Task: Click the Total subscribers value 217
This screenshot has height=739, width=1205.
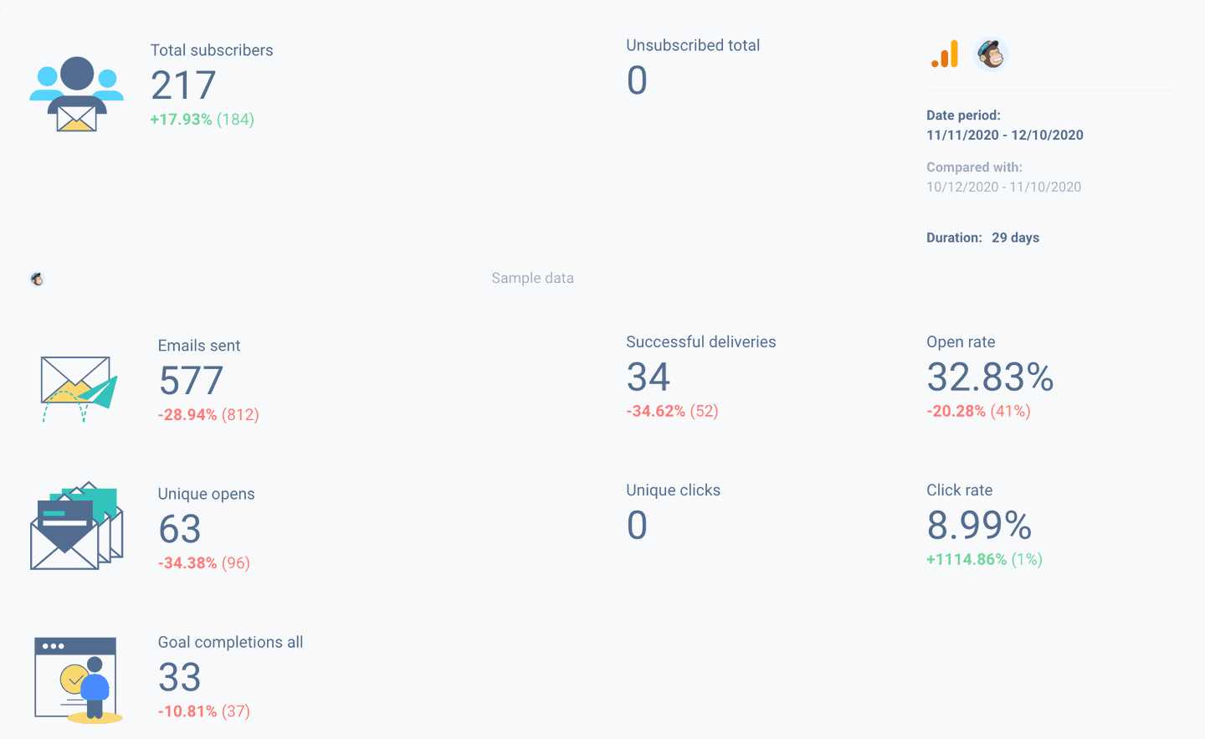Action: tap(183, 85)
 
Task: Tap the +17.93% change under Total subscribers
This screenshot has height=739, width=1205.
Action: tap(181, 120)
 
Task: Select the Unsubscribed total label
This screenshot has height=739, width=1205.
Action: tap(693, 45)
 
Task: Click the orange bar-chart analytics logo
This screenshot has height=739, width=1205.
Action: tap(946, 55)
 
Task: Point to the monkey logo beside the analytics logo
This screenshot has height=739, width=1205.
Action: tap(992, 55)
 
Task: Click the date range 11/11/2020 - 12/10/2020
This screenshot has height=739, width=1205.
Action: tap(1004, 135)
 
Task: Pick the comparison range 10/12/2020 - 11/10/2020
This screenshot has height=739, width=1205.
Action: tap(1003, 187)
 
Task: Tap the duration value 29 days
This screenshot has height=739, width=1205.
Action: tap(1015, 238)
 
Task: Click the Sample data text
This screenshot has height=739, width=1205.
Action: tap(532, 278)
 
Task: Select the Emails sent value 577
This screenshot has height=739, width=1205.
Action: tap(191, 381)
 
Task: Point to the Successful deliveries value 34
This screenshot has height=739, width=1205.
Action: tap(649, 377)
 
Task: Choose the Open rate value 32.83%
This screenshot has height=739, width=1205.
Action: tap(990, 377)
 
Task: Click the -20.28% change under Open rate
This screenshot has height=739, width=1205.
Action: tap(956, 411)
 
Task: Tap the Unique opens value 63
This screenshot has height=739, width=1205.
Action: tap(180, 529)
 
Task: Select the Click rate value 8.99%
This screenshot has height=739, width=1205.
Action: tap(979, 526)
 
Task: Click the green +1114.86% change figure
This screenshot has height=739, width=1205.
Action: tap(967, 559)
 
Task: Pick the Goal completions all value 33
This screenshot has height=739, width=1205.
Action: tap(180, 677)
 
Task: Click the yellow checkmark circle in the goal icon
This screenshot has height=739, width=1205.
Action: tap(74, 678)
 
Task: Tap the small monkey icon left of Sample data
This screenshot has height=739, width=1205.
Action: tap(37, 279)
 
